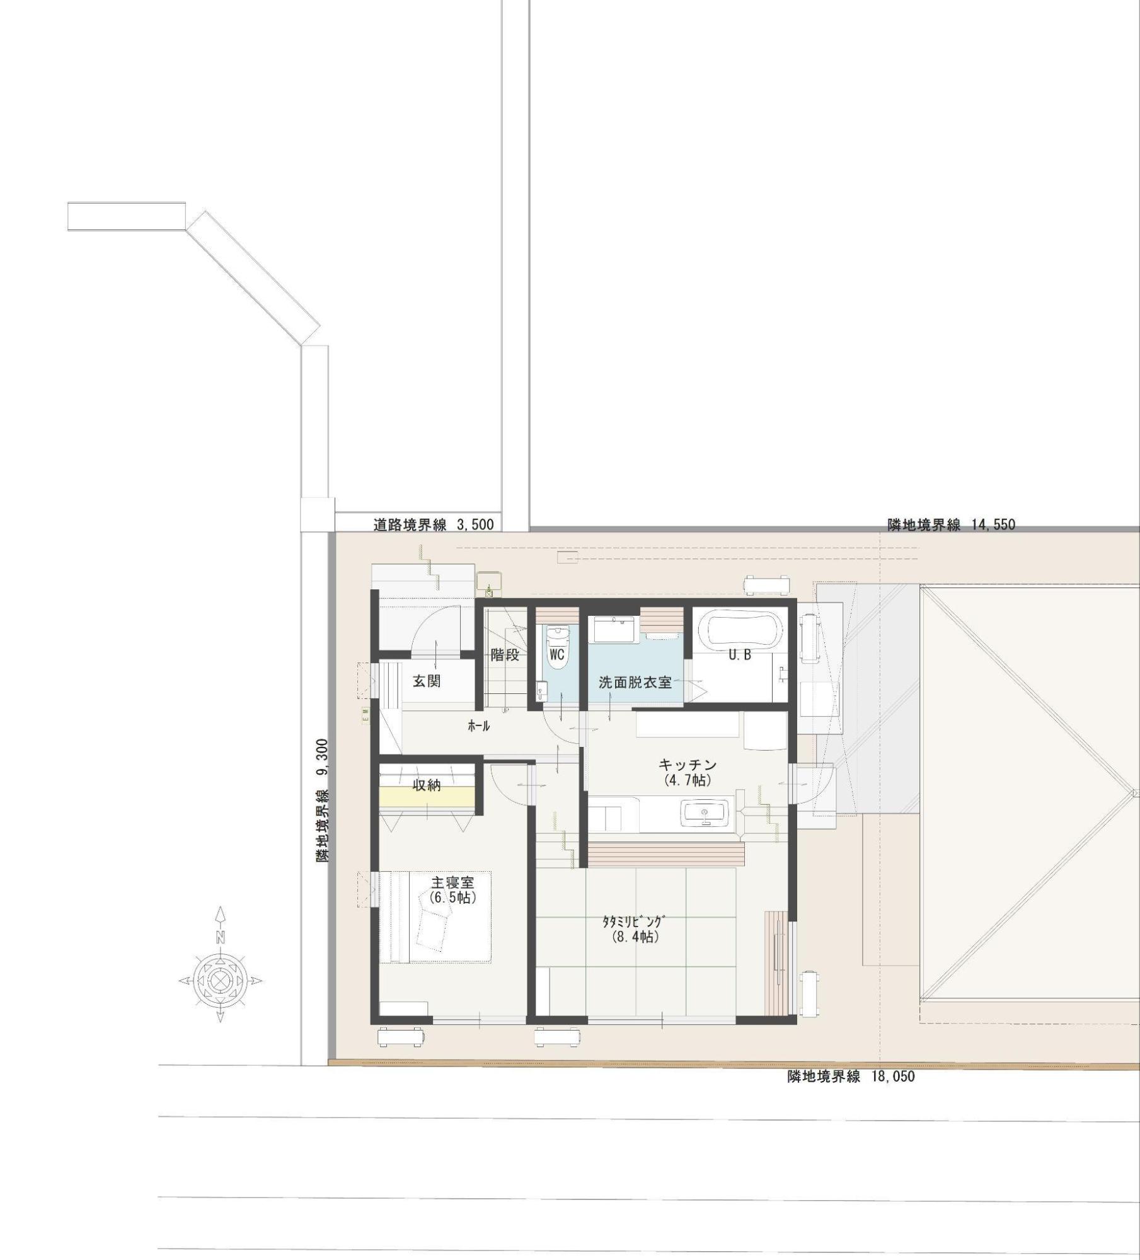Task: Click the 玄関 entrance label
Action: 427,681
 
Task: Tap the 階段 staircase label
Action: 505,655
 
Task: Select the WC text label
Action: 556,655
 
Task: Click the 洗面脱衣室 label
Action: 635,682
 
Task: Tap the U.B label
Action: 740,655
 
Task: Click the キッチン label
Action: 688,765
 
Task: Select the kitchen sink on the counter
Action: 705,813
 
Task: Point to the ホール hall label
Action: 478,726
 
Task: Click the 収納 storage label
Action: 427,785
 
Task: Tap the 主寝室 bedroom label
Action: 452,882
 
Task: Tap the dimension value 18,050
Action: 892,1077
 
